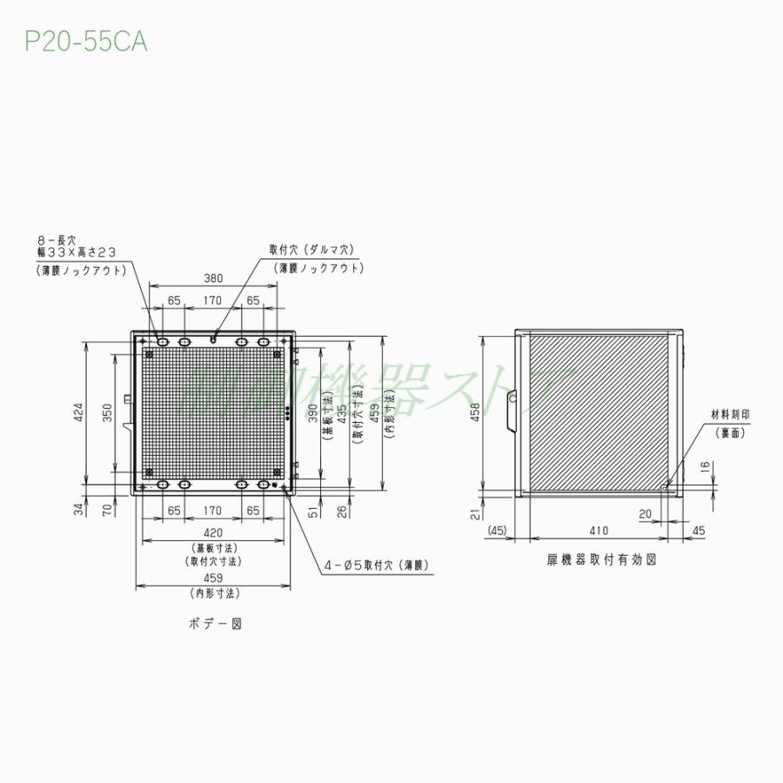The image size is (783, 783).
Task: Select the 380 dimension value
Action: pos(213,278)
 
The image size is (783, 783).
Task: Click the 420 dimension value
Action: pos(213,532)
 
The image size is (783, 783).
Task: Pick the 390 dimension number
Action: pos(314,412)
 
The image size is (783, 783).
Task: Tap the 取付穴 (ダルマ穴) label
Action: pos(311,250)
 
